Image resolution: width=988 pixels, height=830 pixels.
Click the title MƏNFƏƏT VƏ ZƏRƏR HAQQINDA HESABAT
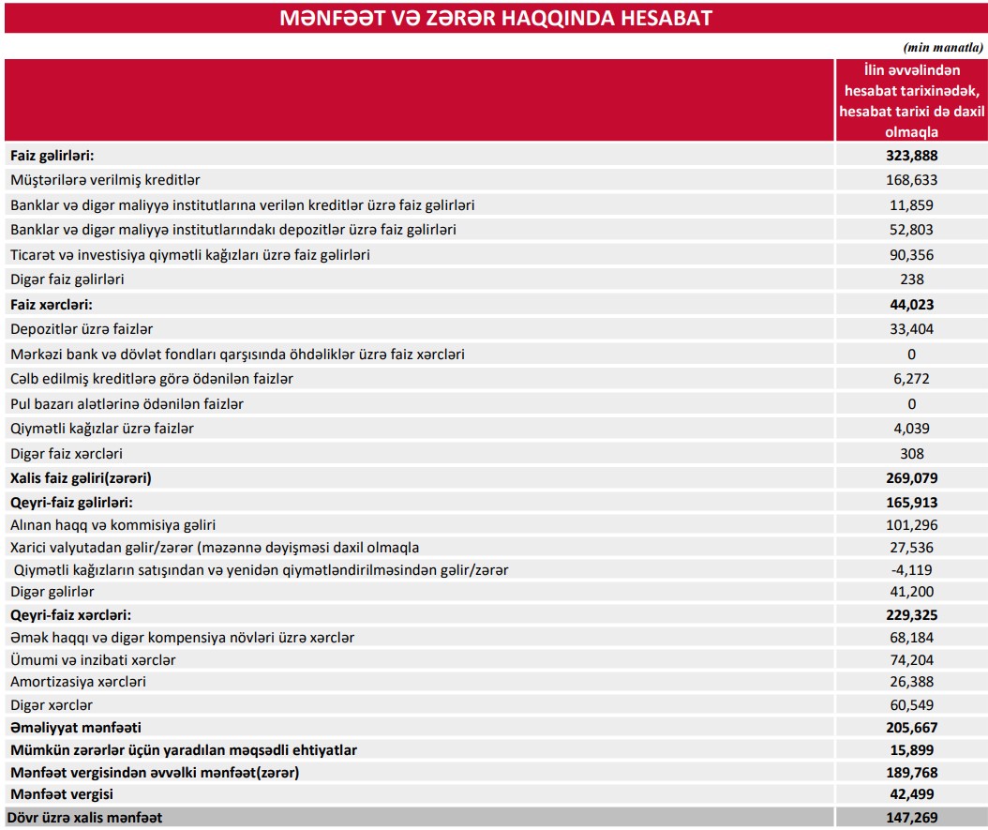pos(495,18)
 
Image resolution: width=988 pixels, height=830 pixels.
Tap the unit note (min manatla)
pos(942,47)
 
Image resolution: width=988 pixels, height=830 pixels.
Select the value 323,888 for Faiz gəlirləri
pos(911,155)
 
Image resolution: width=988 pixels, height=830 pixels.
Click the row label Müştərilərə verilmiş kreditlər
pos(105,179)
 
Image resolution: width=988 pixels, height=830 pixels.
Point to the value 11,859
pos(911,204)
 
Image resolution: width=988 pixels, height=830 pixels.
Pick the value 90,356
pos(911,254)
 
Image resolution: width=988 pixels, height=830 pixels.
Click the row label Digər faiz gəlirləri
pos(67,279)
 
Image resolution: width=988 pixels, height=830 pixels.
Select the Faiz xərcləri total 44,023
pos(911,304)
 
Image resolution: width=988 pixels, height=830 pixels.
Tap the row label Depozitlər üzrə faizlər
pos(82,329)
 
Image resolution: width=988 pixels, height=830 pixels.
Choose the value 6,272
pos(911,379)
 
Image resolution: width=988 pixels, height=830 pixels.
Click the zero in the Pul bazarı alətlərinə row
pos(911,404)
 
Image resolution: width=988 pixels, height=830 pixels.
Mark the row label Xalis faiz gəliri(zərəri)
pos(81,478)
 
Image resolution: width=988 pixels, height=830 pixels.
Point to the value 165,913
pos(911,503)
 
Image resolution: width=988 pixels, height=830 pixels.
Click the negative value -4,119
pos(911,570)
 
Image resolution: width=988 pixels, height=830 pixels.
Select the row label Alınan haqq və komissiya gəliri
pos(113,525)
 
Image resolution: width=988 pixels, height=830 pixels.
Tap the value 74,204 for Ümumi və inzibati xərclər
pos(911,660)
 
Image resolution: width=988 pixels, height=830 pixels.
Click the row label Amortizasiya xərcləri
pos(79,682)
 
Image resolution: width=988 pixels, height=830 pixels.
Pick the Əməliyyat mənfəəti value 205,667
pos(911,728)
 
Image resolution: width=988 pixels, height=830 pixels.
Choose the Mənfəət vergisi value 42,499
pos(911,795)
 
